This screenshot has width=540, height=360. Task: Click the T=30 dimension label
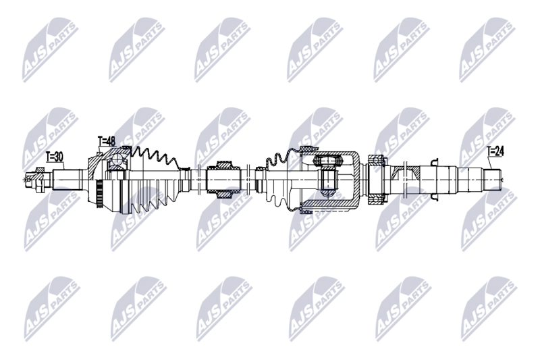(x=55, y=157)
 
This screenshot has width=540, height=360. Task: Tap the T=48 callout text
(x=107, y=141)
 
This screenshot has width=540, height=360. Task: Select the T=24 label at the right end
(x=495, y=151)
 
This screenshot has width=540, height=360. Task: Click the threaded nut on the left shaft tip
(x=31, y=179)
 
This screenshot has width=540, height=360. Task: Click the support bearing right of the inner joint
(x=375, y=176)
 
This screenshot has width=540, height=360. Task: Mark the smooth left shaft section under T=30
(x=67, y=179)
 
